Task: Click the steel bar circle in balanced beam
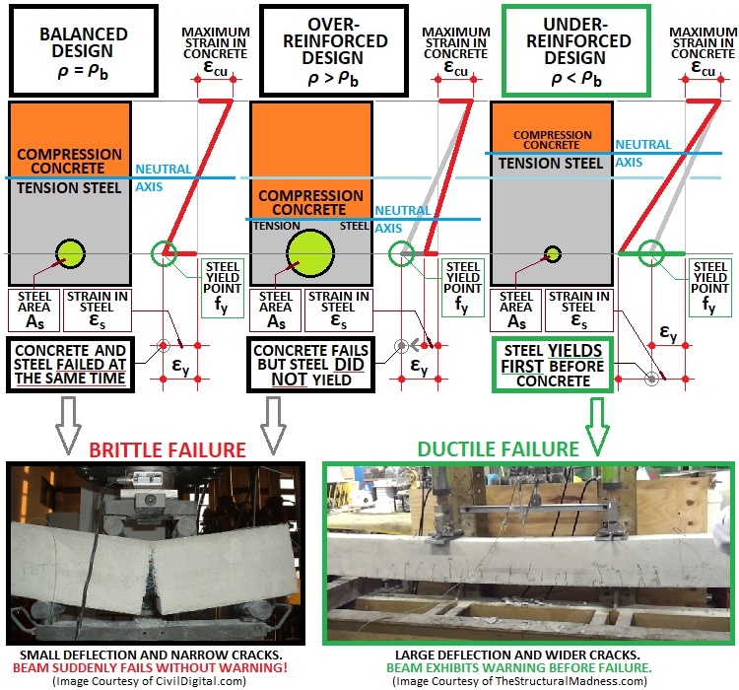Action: [71, 253]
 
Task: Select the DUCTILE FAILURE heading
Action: [498, 449]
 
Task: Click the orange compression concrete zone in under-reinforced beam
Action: [552, 128]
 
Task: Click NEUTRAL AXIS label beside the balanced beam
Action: [164, 176]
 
